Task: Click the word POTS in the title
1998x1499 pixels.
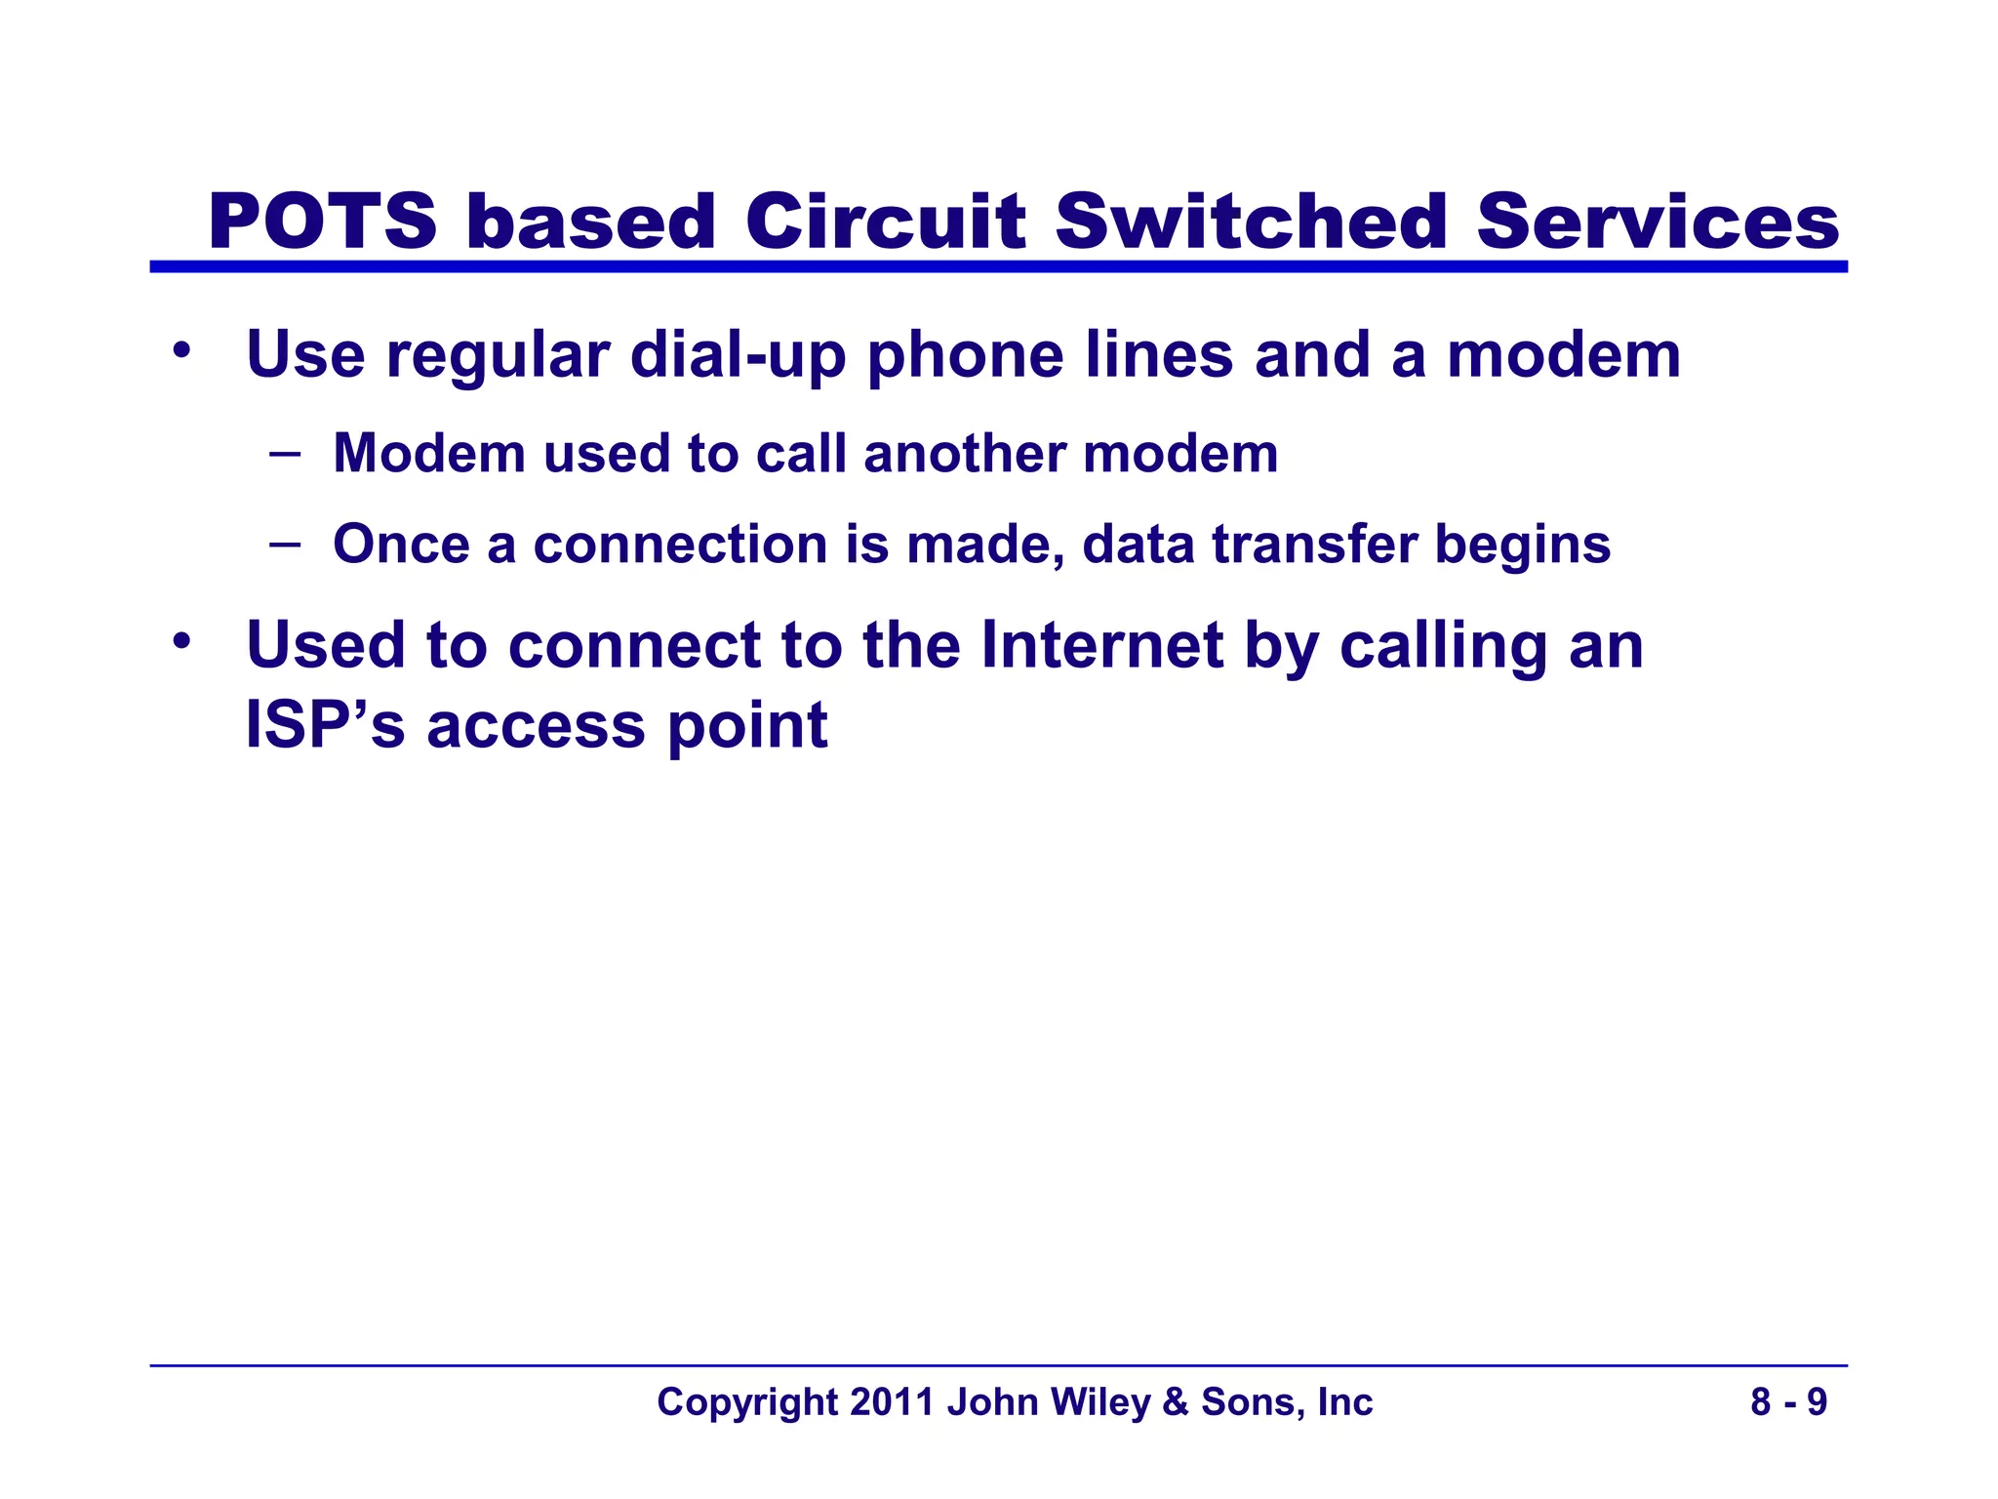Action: tap(322, 223)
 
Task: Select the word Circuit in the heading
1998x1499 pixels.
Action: tap(885, 223)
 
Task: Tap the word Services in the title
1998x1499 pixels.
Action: tap(1657, 223)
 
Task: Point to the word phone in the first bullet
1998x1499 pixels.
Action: tap(965, 355)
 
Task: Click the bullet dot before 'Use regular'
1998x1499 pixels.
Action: tap(180, 350)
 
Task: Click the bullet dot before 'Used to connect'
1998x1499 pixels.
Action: tap(180, 641)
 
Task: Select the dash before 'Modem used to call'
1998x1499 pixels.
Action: tap(285, 453)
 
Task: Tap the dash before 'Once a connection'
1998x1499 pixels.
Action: tap(285, 543)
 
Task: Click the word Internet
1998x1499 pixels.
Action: tap(1101, 646)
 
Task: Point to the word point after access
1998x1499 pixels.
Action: tap(747, 728)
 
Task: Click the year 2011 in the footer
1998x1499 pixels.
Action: tap(885, 1402)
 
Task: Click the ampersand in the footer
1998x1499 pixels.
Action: tap(1176, 1402)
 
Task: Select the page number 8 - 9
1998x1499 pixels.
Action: tap(1788, 1402)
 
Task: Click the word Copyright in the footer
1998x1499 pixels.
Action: tap(747, 1403)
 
